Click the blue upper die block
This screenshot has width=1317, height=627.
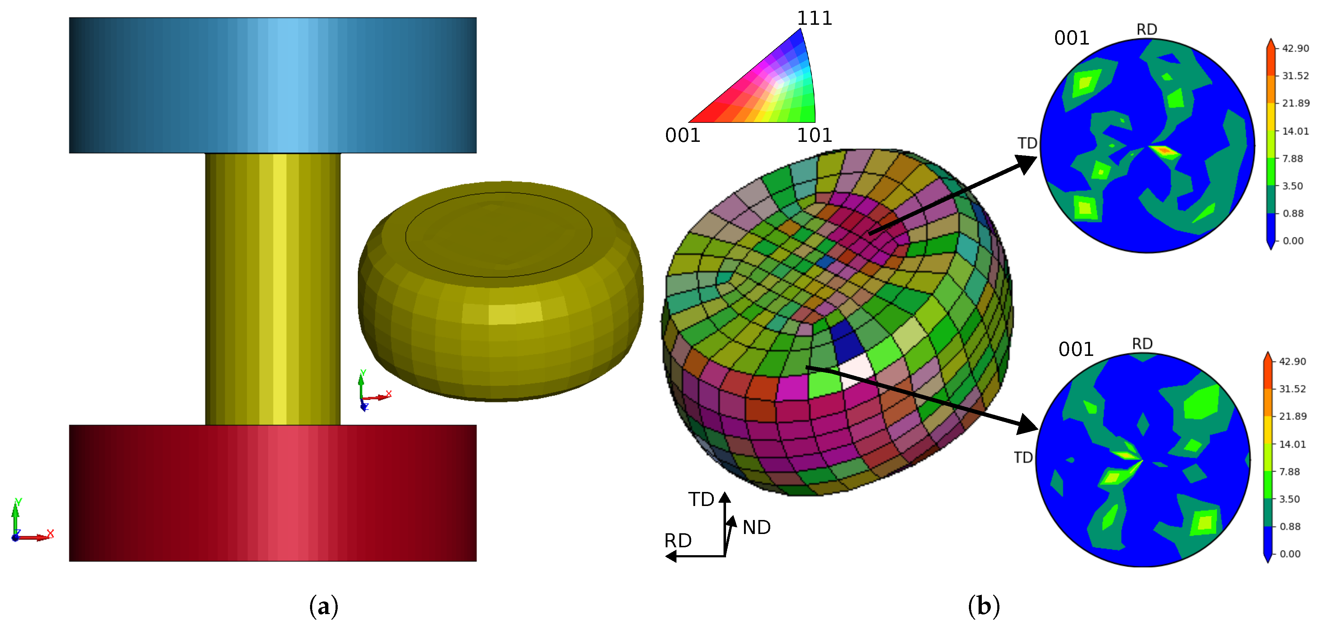273,85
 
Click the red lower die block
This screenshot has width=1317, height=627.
273,493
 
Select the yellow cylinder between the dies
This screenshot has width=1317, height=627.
273,289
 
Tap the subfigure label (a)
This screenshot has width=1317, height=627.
324,607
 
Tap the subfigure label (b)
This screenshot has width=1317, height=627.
984,607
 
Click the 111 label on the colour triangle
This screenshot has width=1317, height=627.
814,18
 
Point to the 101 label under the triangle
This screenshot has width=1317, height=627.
814,135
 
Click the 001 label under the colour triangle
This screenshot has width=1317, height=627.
683,135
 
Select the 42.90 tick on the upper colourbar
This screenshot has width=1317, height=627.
1295,48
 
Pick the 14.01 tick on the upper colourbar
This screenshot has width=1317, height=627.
1295,131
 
